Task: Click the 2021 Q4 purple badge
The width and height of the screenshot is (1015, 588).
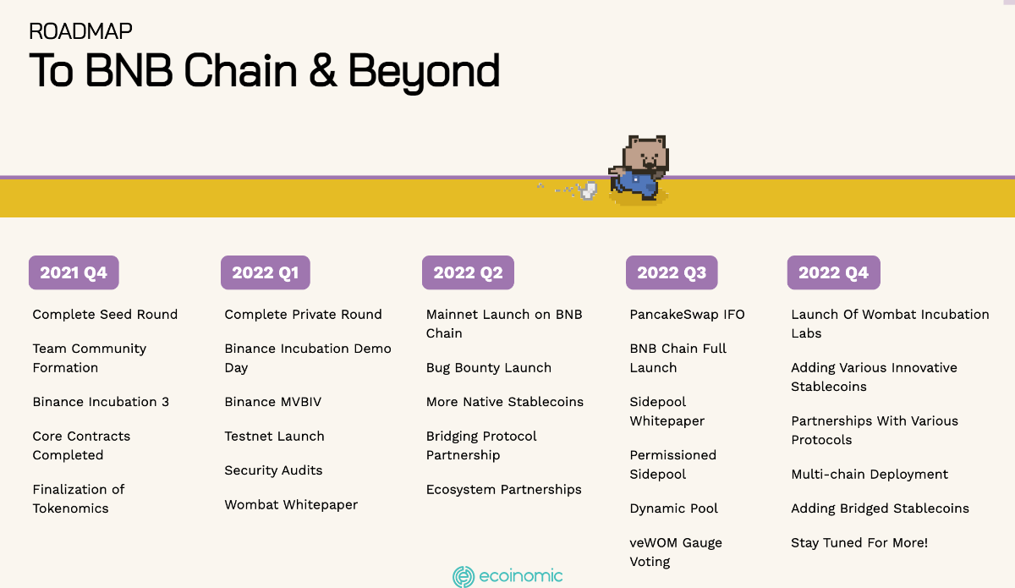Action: tap(74, 272)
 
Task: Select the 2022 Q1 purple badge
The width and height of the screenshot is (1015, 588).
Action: tap(266, 272)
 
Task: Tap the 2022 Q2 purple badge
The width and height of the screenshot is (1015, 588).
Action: tap(468, 272)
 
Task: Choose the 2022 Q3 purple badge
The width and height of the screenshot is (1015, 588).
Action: tap(672, 272)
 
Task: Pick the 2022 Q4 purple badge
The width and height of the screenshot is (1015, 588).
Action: tap(834, 272)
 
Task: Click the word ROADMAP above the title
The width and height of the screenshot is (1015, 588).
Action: tap(80, 31)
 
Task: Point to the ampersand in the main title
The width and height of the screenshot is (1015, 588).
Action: tap(323, 70)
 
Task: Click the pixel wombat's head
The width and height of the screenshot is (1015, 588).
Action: tap(645, 153)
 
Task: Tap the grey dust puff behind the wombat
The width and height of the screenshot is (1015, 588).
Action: tap(588, 190)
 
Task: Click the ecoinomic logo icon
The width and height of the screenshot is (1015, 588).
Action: tap(464, 577)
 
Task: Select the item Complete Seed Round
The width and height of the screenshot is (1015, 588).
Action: tap(105, 314)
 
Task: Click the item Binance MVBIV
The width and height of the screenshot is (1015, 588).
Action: tap(272, 402)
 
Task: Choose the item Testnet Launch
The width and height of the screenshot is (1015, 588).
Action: tap(275, 436)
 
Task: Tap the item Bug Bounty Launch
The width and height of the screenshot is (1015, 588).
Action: tap(489, 368)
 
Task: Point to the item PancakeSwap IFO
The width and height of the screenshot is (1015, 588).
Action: tap(687, 314)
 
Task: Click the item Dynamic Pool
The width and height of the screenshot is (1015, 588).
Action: tap(674, 508)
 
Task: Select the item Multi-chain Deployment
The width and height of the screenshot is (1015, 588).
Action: tap(870, 475)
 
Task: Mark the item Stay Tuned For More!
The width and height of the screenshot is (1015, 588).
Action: tap(859, 542)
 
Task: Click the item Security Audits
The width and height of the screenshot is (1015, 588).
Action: tap(273, 470)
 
